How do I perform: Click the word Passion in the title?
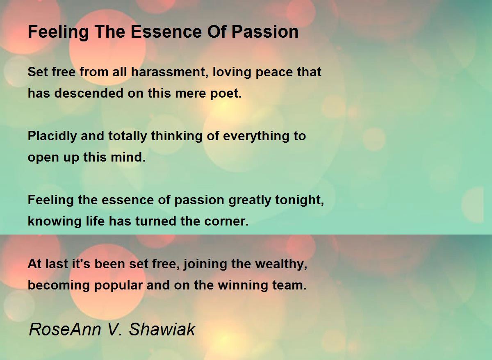point(265,32)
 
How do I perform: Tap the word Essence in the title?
point(166,32)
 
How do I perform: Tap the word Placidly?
point(52,137)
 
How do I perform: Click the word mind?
point(128,157)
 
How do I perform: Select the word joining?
point(205,264)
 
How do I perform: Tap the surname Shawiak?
point(162,330)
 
